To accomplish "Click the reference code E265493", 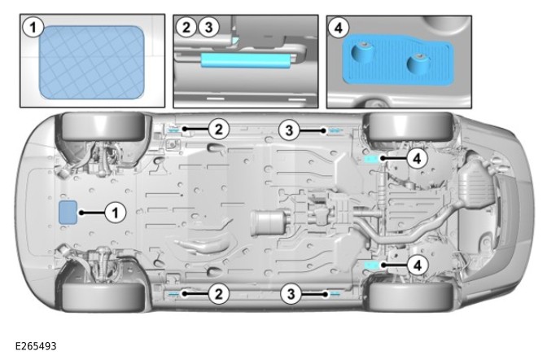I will pos(36,346).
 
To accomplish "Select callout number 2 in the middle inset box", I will pos(186,28).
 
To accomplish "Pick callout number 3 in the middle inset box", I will pos(208,28).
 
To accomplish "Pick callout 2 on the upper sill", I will pos(217,129).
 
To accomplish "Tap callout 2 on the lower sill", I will pos(217,293).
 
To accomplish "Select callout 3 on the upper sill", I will pos(290,129).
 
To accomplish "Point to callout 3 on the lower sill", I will pos(290,293).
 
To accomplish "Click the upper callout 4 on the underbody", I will pos(415,159).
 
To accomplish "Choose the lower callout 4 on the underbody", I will pos(415,265).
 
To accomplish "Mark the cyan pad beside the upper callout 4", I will pos(371,158).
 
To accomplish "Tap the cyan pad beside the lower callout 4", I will pos(371,266).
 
